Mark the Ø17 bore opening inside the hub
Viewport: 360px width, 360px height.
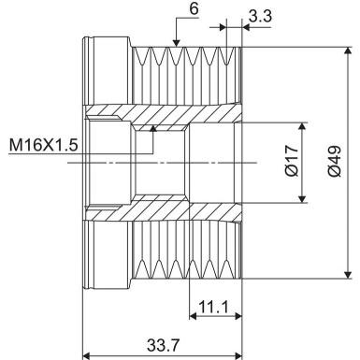coord(215,162)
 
